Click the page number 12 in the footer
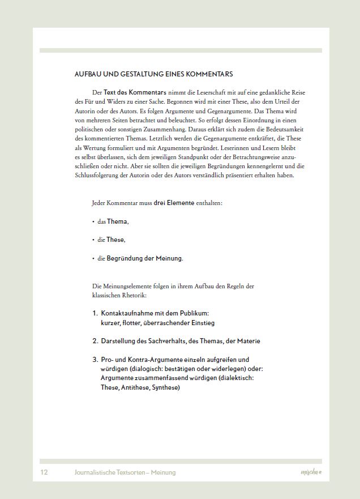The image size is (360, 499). (x=44, y=472)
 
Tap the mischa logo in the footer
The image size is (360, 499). (x=311, y=472)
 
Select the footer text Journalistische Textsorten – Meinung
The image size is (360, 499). (x=125, y=472)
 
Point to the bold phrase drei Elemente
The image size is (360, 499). (x=174, y=202)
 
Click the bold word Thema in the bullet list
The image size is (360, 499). (x=118, y=221)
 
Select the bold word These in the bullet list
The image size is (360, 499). (x=115, y=240)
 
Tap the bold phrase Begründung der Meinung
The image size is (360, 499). (x=144, y=258)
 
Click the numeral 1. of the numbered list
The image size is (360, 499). (x=95, y=313)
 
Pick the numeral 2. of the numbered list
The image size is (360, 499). (x=95, y=341)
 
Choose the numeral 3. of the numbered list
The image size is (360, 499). (x=95, y=360)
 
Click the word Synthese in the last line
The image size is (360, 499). (x=164, y=387)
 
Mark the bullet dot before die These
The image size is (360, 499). (x=93, y=240)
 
